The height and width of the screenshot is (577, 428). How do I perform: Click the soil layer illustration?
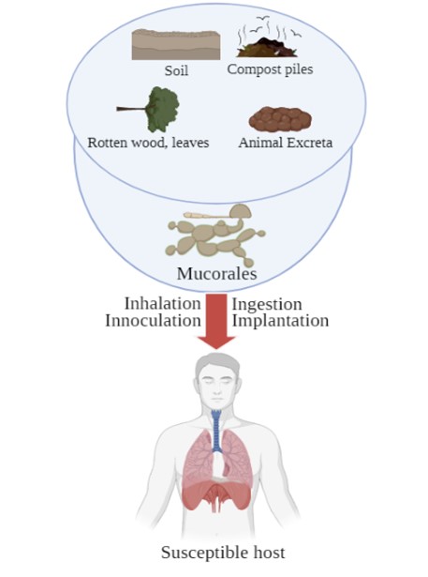[x=176, y=45]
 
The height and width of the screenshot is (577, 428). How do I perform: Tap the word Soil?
[x=176, y=70]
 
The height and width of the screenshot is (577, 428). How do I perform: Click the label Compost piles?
[x=270, y=69]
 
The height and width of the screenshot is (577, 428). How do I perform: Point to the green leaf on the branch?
[x=163, y=109]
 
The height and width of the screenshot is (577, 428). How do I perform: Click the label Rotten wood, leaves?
[x=148, y=143]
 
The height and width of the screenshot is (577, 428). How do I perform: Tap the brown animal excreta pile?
[x=280, y=119]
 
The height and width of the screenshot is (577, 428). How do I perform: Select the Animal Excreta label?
[x=286, y=143]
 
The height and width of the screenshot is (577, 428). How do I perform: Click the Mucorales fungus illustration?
[x=215, y=235]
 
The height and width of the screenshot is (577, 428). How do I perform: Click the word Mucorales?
[x=216, y=273]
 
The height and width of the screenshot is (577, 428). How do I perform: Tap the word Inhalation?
[x=162, y=304]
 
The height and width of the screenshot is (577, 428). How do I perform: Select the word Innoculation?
[x=153, y=321]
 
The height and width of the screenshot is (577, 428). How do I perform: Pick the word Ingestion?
[x=267, y=304]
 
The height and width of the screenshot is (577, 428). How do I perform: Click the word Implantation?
[x=280, y=321]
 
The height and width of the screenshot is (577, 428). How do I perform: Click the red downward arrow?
[x=216, y=321]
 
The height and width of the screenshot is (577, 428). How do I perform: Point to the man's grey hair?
[x=216, y=364]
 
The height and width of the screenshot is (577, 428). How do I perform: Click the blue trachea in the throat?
[x=216, y=432]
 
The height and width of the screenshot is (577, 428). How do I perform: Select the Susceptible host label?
[x=223, y=553]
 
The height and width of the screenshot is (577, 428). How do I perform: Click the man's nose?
[x=216, y=391]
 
